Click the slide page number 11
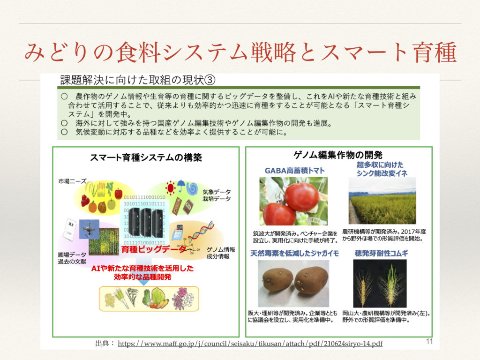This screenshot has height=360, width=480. [x=429, y=341]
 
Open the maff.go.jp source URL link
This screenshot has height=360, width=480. [x=250, y=344]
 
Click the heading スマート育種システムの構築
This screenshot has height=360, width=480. [x=146, y=158]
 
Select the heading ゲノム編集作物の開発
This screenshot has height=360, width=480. [x=338, y=155]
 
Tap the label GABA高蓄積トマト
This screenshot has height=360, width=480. [x=294, y=170]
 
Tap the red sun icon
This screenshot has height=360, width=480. [x=170, y=187]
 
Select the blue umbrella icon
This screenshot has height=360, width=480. [x=180, y=186]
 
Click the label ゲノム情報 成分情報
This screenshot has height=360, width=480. [x=221, y=253]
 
